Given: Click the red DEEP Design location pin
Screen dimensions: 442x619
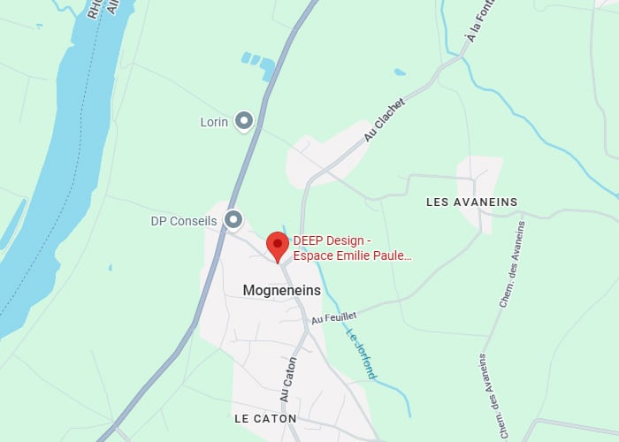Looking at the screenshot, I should pos(278,245).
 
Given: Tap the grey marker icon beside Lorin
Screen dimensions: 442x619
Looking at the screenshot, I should pos(243,122).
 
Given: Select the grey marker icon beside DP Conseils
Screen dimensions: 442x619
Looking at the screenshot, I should pos(233,218).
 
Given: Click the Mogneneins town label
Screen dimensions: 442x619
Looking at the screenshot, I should pos(281,290).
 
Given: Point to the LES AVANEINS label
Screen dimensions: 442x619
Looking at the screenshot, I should pos(471,202).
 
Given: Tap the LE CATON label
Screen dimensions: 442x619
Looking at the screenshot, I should pos(265,418).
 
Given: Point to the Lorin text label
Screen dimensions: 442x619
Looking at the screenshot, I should pos(214,122).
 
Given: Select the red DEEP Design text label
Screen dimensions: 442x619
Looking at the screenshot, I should pos(351,248).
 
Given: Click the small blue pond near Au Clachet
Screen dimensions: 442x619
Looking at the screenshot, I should pos(400,72).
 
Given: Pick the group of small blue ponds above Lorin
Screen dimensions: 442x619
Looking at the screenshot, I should pos(256,62).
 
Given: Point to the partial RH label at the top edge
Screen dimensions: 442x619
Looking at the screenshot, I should pos(94,9).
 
